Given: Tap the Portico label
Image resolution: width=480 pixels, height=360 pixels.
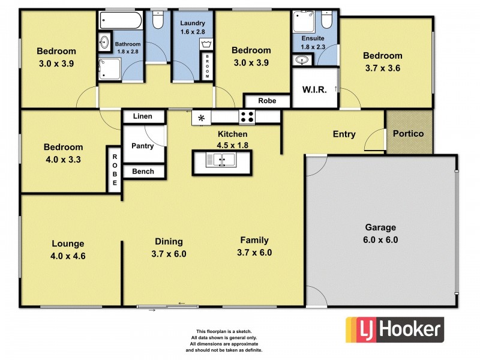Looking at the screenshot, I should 408,134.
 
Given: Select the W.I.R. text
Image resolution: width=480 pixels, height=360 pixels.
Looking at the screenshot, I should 314,90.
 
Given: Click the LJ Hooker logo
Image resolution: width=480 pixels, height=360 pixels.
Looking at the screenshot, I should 394,329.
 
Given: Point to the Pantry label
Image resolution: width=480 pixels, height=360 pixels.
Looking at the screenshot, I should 142,146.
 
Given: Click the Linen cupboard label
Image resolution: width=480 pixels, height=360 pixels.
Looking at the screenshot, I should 142,116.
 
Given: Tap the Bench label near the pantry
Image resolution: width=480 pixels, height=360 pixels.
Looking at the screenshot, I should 143,172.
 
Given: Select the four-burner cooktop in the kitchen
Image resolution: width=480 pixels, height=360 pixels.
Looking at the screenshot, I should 247,118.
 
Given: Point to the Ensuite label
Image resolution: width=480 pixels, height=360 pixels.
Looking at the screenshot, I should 313,38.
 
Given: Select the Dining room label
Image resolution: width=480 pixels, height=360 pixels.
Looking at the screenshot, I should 169,242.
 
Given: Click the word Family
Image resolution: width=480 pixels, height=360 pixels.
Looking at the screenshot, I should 254,241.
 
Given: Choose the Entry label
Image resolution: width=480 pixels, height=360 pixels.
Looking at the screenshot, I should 344,134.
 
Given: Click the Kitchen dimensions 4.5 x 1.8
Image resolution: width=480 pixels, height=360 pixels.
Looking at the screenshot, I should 232,145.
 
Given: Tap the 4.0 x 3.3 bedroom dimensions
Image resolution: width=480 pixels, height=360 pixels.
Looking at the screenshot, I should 63,160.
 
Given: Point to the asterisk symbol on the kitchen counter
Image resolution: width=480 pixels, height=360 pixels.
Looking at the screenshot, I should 202,118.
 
